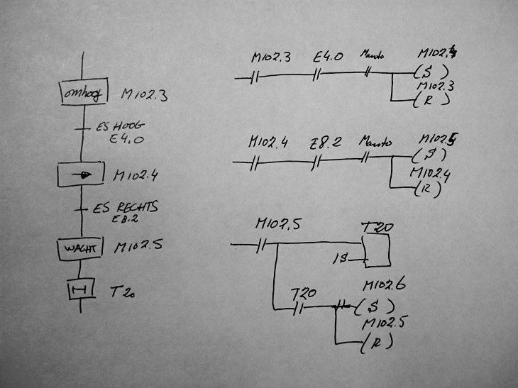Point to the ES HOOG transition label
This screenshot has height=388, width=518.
pos(119,128)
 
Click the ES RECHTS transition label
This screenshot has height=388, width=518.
pos(125,208)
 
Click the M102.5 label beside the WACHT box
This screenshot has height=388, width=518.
pos(139,248)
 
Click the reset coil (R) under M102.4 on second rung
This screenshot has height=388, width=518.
pos(426,190)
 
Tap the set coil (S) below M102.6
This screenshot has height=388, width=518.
pos(371,307)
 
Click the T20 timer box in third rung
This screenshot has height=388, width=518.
pos(377,249)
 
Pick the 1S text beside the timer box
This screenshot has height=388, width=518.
pos(341,260)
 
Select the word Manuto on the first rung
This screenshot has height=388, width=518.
pos(373,54)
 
